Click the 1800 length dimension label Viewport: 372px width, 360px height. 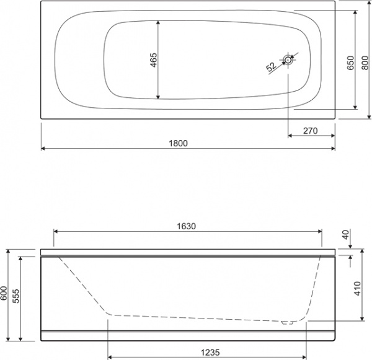pos(178,143)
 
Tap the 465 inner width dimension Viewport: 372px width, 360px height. pos(154,60)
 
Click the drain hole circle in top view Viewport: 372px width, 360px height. pos(289,60)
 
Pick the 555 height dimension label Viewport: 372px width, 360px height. pos(18,298)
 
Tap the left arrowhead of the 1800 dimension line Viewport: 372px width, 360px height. pos(43,149)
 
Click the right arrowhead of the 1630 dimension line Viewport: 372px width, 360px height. pos(321,232)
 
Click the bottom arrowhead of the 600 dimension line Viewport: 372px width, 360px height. pos(8,340)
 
